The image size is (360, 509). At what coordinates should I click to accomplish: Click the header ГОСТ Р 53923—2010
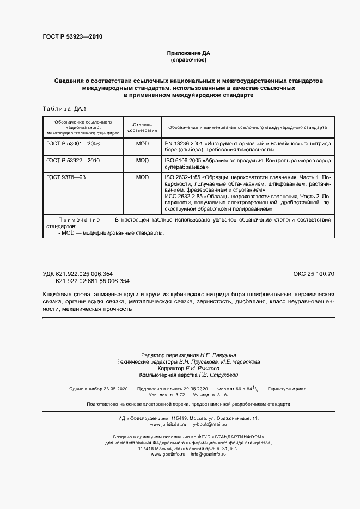tap(72, 37)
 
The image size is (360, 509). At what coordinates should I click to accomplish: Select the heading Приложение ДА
tap(188, 53)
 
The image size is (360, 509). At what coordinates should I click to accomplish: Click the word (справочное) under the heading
tap(188, 60)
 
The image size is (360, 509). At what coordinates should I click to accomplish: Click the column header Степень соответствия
tap(142, 127)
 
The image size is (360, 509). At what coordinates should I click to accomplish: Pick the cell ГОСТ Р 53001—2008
tap(73, 143)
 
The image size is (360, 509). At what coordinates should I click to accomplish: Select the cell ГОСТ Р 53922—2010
tap(73, 161)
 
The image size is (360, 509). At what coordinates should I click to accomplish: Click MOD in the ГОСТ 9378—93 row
tap(142, 177)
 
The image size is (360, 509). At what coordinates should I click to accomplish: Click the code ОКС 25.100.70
tap(314, 273)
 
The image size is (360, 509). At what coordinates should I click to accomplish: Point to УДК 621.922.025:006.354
tap(86, 273)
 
